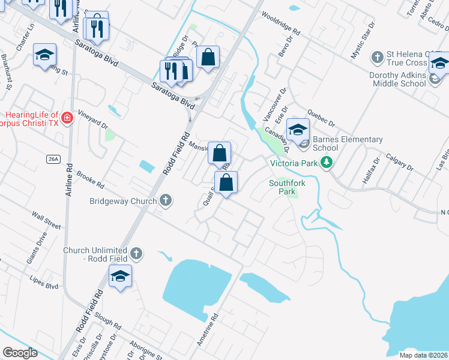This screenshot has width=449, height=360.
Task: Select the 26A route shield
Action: (53, 158)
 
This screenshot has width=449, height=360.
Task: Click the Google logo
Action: (20, 353)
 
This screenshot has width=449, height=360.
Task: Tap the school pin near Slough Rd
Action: (120, 277)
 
